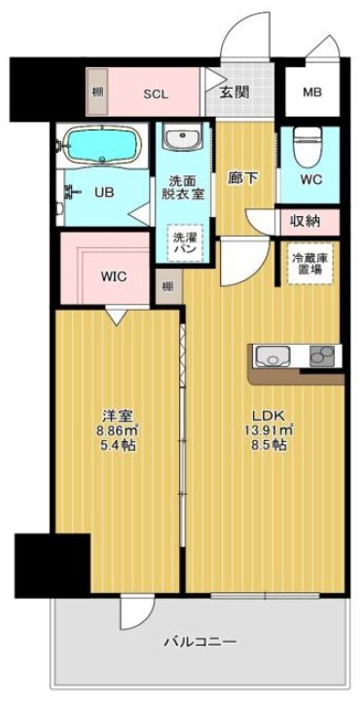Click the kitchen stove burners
[322, 357]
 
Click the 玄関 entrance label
[233, 93]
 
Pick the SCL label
[155, 94]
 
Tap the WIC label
[114, 275]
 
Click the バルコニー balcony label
[200, 642]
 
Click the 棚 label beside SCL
[97, 93]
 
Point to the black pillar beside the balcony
[52, 564]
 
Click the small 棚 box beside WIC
[168, 285]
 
